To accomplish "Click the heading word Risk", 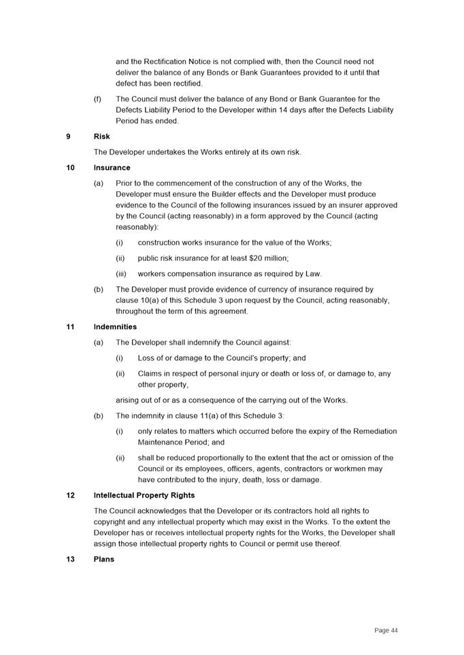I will [101, 137].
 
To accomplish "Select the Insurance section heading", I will [112, 168].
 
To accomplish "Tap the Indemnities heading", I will [115, 327].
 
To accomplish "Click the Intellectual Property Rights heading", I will [144, 496].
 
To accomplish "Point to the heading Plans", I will [104, 559].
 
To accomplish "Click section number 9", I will [68, 137].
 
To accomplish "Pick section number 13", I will [70, 559].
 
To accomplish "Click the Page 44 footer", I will [386, 631].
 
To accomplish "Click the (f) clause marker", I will [97, 99].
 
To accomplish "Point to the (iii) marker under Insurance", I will [121, 274].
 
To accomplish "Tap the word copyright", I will [110, 522].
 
